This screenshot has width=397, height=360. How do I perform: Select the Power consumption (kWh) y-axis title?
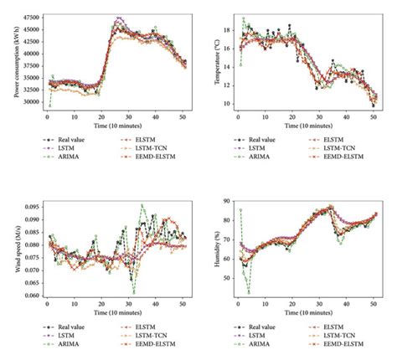click(x=9, y=61)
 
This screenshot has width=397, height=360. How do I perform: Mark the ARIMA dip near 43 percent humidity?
click(x=249, y=292)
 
